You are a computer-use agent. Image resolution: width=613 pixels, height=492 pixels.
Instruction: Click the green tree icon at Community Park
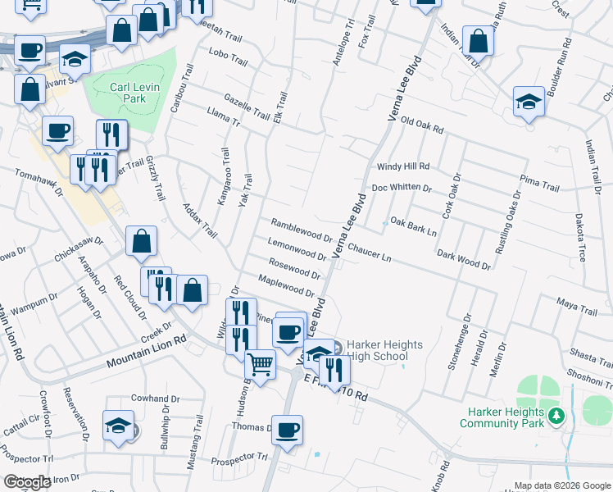click(x=557, y=416)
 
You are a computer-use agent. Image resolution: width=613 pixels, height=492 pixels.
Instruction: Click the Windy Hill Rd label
click(x=403, y=166)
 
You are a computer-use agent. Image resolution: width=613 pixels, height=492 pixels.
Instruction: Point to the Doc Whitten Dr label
click(x=402, y=188)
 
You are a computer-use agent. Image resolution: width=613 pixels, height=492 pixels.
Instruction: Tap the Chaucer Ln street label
click(x=369, y=251)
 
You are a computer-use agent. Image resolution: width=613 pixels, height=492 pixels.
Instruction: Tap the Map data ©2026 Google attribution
click(x=562, y=485)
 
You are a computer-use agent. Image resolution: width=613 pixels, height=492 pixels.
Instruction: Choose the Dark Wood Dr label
click(x=463, y=260)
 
